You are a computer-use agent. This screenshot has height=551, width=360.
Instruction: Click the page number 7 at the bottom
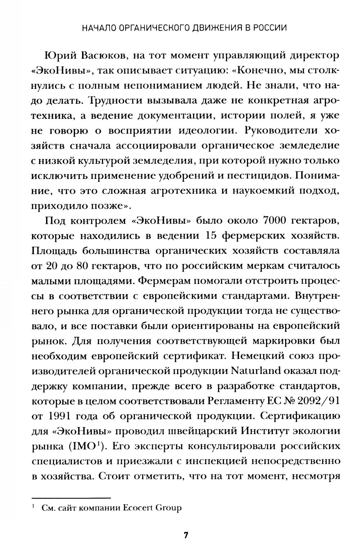(186, 535)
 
